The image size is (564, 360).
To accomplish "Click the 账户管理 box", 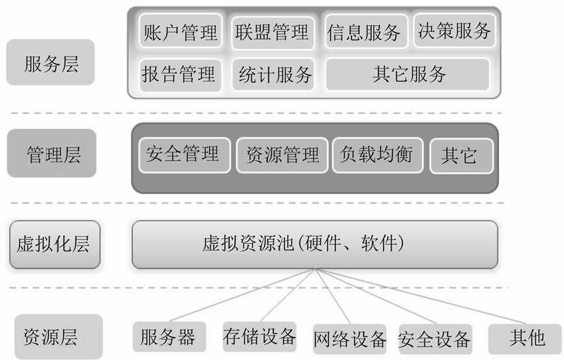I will tap(181, 31).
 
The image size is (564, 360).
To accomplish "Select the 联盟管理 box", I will tap(271, 31).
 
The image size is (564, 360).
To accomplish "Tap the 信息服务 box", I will tap(364, 32).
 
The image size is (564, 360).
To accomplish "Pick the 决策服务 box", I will tap(453, 31).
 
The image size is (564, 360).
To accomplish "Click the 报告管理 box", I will tap(179, 73).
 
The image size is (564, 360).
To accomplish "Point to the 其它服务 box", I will tap(408, 73).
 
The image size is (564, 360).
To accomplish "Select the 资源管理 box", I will tap(282, 155).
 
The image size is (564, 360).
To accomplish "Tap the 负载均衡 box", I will tap(376, 154).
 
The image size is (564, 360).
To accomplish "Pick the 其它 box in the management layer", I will tap(459, 156).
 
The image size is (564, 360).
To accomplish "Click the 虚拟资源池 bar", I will tap(314, 243).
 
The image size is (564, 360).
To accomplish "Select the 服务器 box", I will tap(168, 337).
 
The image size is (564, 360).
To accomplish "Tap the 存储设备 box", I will tap(259, 336).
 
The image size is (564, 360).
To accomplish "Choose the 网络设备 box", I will tap(350, 338).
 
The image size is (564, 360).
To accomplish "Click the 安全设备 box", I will tap(435, 338).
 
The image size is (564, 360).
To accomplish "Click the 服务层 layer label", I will tap(51, 65).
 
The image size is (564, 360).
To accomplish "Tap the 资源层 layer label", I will tap(51, 337).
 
